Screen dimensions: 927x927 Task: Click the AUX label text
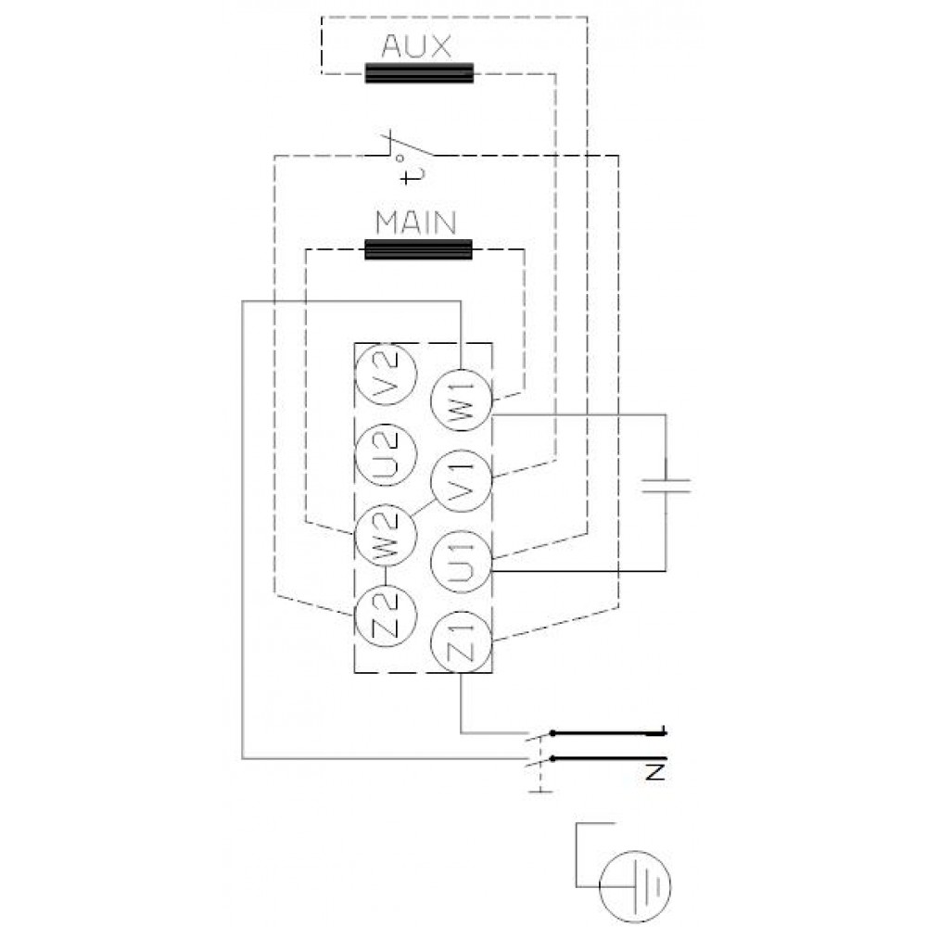coord(416,46)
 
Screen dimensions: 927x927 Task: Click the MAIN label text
coord(416,222)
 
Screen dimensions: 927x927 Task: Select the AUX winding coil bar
coord(419,72)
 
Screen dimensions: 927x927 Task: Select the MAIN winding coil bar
coord(419,249)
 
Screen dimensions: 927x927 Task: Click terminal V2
coord(386,375)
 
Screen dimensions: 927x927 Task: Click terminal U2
coord(386,455)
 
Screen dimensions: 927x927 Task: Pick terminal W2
coord(386,536)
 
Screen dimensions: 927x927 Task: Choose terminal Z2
coord(386,616)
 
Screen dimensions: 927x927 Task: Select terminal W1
coord(461,400)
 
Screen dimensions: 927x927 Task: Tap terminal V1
coord(461,481)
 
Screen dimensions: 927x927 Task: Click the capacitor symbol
coord(667,486)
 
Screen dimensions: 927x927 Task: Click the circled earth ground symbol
coord(636,886)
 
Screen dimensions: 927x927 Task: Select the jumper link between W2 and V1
coord(424,507)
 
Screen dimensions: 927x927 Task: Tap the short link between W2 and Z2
coord(386,576)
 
